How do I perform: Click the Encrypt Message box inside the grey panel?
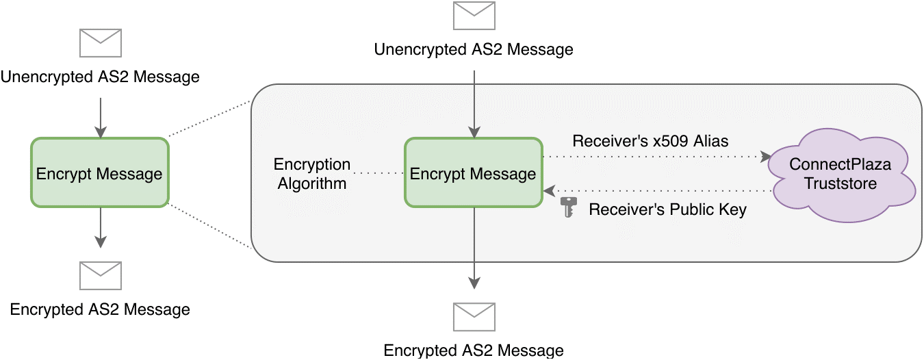[x=473, y=173]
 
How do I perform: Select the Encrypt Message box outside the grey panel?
[x=99, y=173]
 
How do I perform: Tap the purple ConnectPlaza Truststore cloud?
[x=843, y=175]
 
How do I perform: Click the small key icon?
[x=568, y=207]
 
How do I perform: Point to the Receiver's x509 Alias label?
[x=650, y=142]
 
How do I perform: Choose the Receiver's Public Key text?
[x=667, y=209]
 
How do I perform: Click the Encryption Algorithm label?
[x=312, y=174]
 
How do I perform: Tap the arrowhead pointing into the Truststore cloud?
[x=765, y=157]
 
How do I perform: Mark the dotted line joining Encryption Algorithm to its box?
[x=378, y=174]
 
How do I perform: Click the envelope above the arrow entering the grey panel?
[x=474, y=16]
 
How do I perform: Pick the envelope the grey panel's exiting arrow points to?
[x=474, y=317]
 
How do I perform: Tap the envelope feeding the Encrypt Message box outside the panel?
[x=101, y=42]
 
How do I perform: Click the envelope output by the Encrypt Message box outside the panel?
[x=101, y=275]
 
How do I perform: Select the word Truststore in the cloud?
[x=840, y=183]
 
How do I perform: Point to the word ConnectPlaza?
[x=842, y=165]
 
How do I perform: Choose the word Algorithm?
[x=312, y=183]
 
